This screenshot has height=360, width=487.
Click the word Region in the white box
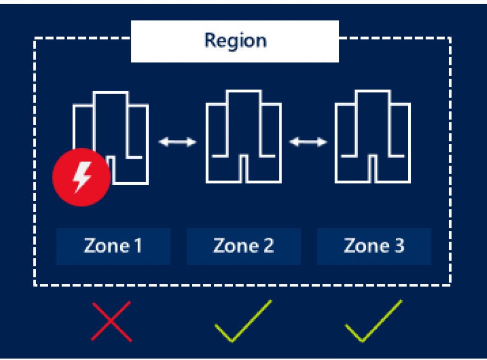coord(236,41)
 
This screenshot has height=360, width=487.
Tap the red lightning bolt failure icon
coord(81,177)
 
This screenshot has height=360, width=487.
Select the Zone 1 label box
coord(113,246)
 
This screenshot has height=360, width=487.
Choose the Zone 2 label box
coord(243,246)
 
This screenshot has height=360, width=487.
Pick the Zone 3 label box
coord(374,246)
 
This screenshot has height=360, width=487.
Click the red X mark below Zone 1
coord(111,321)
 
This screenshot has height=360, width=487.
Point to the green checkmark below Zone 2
coord(243,321)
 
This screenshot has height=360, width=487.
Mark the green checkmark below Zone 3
coord(374,321)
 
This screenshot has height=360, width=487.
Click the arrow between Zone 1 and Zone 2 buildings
coord(178,142)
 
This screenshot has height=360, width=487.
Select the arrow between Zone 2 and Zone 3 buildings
coord(308,142)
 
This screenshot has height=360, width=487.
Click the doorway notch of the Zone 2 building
coord(243,169)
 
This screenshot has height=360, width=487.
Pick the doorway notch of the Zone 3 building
coord(373,169)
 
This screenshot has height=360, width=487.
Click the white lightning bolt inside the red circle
coord(82,177)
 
